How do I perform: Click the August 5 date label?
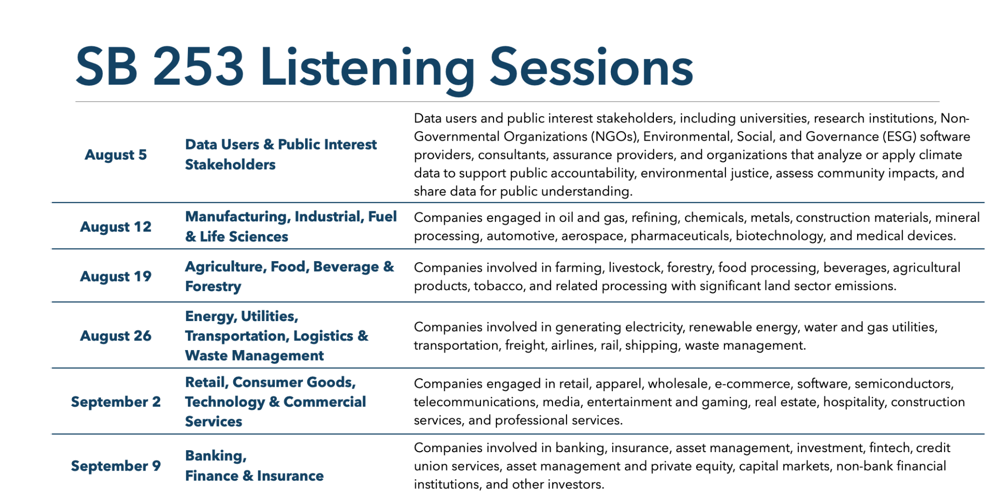[x=116, y=155]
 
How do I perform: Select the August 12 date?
[x=116, y=227]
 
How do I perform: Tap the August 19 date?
[x=116, y=277]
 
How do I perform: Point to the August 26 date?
[x=116, y=336]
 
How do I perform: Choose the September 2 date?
[x=116, y=402]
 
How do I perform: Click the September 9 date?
[x=116, y=466]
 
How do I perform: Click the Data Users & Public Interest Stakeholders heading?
[x=281, y=155]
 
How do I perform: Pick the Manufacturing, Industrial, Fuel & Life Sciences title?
[x=291, y=227]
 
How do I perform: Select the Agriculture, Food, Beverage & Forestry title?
[x=290, y=277]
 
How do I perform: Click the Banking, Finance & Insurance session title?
[x=254, y=466]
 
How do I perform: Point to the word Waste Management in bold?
[x=254, y=356]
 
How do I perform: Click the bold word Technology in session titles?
[x=225, y=402]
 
